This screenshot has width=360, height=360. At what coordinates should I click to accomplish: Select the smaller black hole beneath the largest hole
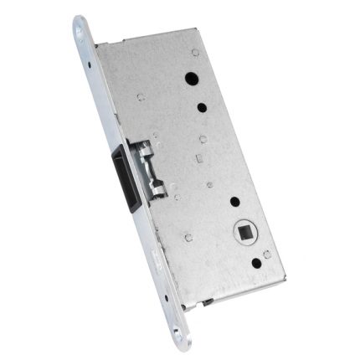click(203, 106)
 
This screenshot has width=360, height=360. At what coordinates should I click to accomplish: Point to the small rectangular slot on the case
click(198, 157)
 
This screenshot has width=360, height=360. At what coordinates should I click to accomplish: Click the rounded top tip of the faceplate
click(79, 18)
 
